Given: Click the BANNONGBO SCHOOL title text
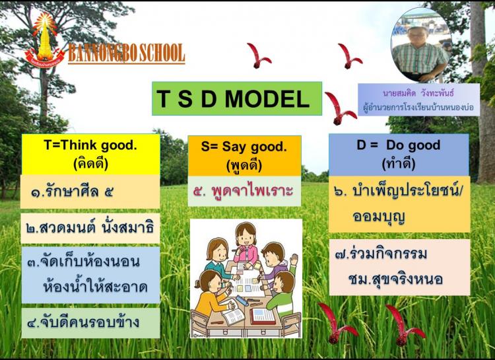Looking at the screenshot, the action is click(126, 53).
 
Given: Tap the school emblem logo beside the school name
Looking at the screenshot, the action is click(44, 40).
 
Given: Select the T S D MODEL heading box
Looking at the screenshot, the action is click(237, 98).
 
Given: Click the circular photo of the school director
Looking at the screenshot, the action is click(421, 45).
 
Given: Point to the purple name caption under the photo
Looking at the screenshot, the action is click(418, 100).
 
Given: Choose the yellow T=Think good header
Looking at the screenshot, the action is click(90, 155).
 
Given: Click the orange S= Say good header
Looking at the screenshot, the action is click(244, 156).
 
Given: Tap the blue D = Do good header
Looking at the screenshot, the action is click(399, 155).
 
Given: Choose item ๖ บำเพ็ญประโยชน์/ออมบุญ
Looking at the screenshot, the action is click(399, 204).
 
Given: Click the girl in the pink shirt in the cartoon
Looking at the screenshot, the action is click(246, 245).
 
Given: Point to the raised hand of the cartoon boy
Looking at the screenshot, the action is click(294, 259).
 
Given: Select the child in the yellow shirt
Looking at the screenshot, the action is click(210, 294).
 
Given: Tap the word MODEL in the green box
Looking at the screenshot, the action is click(267, 98).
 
